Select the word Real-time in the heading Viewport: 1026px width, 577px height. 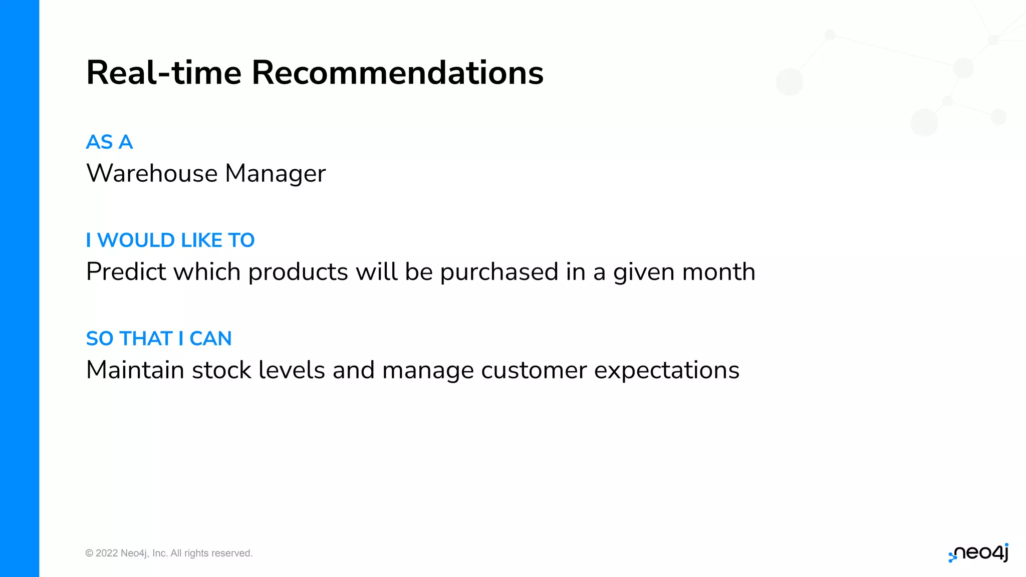point(164,73)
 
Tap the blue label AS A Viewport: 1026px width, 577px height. point(109,142)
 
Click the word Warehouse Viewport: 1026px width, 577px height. point(152,174)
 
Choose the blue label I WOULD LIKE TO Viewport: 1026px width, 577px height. point(170,240)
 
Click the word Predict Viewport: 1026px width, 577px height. point(126,272)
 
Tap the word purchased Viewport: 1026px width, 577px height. point(499,272)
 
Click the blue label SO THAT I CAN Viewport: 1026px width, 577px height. point(159,339)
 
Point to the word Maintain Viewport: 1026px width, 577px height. point(135,370)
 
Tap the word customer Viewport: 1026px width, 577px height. point(534,371)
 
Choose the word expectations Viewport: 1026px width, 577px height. point(666,371)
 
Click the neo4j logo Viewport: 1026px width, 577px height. point(978,553)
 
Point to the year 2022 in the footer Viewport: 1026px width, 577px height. point(107,553)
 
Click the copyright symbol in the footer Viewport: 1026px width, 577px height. point(89,553)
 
